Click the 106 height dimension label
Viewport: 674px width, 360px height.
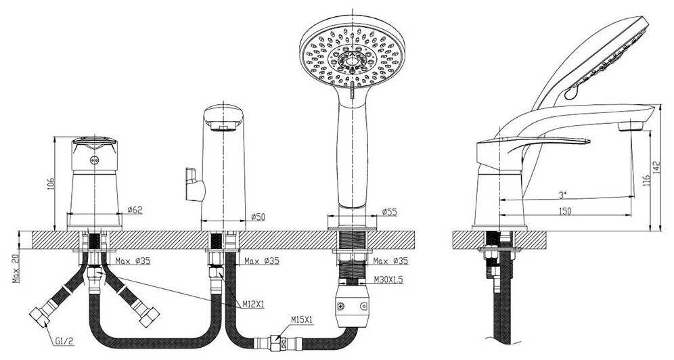(x=51, y=184)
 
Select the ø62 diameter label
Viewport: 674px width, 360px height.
(x=135, y=210)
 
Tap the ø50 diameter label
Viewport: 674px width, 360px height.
(x=258, y=217)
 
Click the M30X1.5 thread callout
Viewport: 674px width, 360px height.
(x=388, y=280)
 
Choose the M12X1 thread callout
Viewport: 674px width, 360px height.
(x=253, y=305)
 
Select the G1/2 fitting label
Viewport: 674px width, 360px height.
(x=64, y=342)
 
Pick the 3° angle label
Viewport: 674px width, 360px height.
(x=562, y=196)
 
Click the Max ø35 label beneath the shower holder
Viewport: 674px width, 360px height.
(x=390, y=261)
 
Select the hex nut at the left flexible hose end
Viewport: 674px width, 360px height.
(x=40, y=315)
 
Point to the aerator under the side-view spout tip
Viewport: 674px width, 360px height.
(x=631, y=126)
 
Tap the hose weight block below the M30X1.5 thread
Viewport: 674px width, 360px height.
(x=352, y=306)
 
